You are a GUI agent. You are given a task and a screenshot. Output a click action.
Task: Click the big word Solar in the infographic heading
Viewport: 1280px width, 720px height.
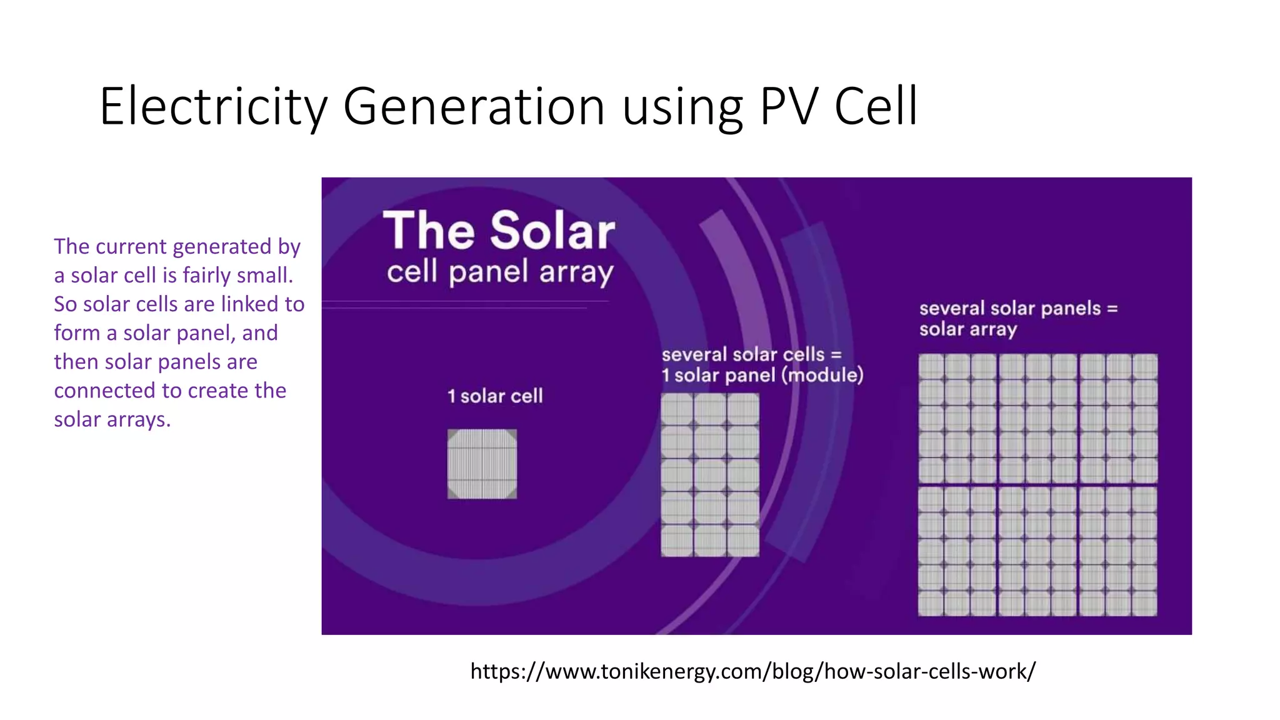[552, 231]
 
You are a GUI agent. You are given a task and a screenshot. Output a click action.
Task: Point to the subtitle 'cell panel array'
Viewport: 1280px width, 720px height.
[500, 272]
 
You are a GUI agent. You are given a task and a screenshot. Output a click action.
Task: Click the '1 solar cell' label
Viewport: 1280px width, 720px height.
[495, 396]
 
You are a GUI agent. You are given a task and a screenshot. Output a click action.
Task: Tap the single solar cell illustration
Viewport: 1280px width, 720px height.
[482, 464]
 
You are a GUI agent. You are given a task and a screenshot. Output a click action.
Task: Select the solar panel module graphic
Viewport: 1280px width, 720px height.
[710, 475]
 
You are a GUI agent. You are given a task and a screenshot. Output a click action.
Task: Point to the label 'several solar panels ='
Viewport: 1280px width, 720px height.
[1018, 308]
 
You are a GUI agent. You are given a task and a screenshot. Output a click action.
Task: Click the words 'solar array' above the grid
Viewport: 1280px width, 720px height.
[967, 329]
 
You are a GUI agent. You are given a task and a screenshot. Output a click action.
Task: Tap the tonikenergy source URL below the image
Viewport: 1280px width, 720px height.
[752, 671]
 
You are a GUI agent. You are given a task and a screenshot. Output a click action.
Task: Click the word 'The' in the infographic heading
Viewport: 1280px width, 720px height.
[429, 231]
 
